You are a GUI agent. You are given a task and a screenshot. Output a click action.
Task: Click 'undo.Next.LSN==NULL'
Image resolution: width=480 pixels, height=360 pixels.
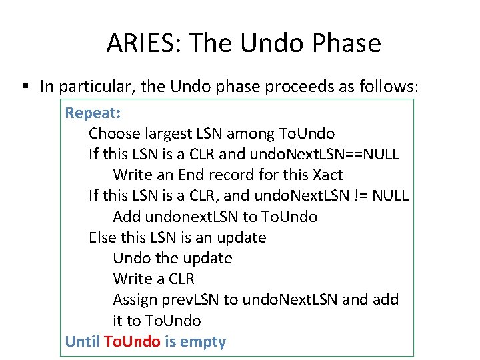(x=325, y=154)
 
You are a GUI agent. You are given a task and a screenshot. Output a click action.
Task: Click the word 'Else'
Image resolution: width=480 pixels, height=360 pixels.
(x=103, y=237)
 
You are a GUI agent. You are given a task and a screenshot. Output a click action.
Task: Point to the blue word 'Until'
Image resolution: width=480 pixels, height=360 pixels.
(x=81, y=342)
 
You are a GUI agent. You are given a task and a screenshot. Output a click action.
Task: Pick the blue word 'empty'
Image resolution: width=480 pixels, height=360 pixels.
(x=203, y=342)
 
